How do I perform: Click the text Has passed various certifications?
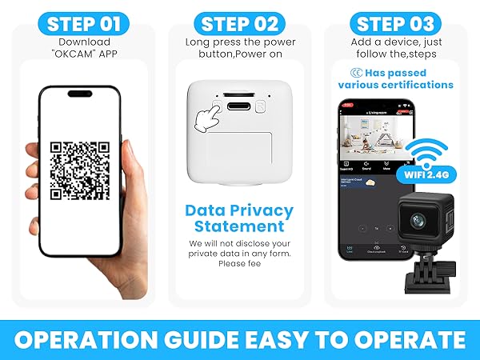tap(397, 78)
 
